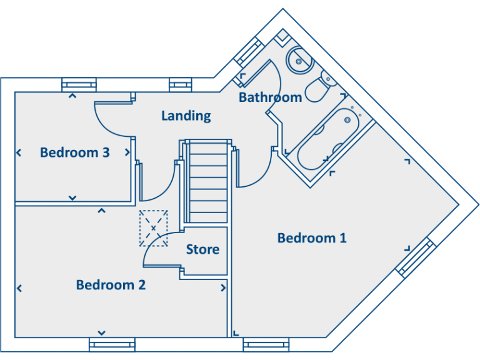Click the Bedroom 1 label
pos(311,238)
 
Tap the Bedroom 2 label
pos(111,285)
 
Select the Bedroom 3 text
pos(75,152)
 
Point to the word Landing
pos(186,116)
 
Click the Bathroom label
pos(270,97)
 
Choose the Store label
pos(202,250)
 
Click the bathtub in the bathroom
pos(325,141)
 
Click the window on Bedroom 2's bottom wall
pos(112,344)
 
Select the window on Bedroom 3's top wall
pos(80,85)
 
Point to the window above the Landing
pos(179,85)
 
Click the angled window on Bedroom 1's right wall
pos(416,257)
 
